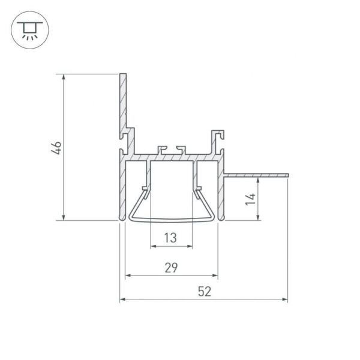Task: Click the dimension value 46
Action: pyautogui.click(x=56, y=148)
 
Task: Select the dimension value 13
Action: pyautogui.click(x=171, y=238)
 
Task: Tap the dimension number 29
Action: pyautogui.click(x=171, y=268)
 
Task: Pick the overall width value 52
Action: pyautogui.click(x=204, y=291)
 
